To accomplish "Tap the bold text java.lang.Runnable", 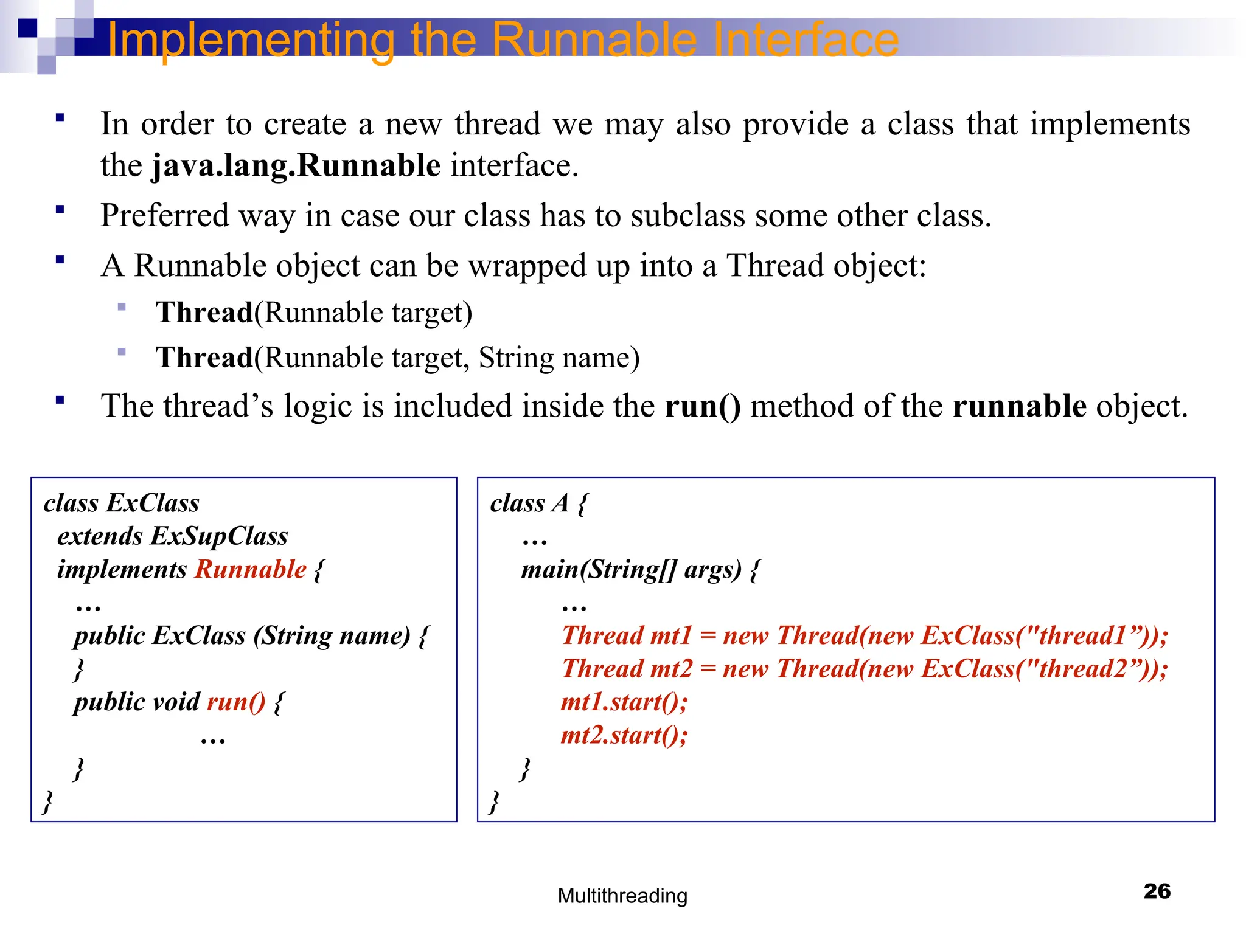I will [x=296, y=165].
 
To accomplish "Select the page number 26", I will [x=1157, y=891].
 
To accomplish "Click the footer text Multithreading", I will [x=622, y=896].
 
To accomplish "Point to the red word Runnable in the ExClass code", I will [x=250, y=570].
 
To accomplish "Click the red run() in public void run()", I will [x=236, y=702].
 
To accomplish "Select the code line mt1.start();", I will [x=624, y=702].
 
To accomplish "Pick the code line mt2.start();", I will [x=624, y=736].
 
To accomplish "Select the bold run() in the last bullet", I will [x=703, y=406].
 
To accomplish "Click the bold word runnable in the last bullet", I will [x=1019, y=406].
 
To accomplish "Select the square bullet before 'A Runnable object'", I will [x=60, y=260].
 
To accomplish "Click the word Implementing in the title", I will [x=251, y=40].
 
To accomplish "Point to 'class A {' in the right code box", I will [x=538, y=503].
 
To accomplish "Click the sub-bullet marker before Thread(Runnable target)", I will [x=122, y=307].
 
